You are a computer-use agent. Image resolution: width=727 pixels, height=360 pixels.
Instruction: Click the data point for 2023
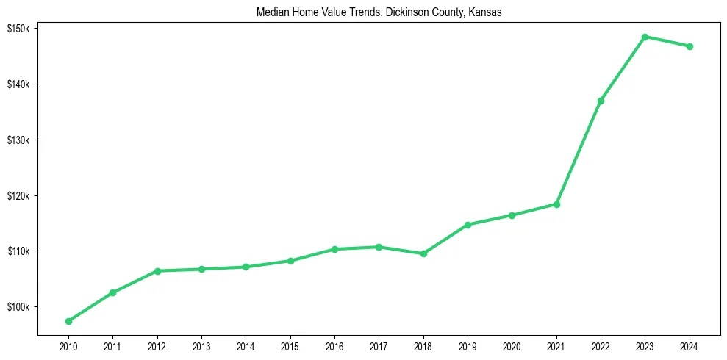645,37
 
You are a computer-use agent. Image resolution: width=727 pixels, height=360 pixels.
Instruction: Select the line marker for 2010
68,321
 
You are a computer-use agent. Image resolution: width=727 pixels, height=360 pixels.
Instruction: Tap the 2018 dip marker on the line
423,253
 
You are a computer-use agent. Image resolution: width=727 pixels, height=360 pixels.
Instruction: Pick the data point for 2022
601,101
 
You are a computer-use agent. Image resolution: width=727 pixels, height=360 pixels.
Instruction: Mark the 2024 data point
690,46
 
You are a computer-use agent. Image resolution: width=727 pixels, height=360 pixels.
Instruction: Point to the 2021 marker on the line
556,204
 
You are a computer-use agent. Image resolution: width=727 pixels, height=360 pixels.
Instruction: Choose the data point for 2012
157,271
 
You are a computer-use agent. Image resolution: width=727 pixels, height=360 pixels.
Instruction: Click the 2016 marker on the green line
334,249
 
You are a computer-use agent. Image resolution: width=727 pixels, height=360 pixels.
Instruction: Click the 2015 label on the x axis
290,346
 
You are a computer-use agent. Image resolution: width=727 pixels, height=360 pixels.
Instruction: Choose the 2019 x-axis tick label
468,346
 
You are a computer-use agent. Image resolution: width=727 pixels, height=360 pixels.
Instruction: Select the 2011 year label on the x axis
112,346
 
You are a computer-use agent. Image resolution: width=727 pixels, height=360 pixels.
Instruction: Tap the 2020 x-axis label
512,346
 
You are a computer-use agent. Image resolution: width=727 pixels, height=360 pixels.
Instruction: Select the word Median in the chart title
271,12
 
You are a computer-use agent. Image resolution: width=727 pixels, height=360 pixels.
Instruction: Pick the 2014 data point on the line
246,267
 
